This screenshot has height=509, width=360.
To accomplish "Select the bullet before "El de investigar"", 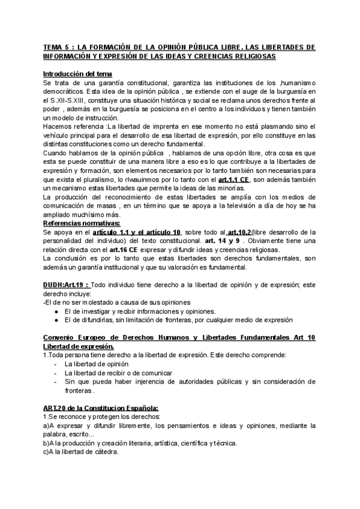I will [55, 312].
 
